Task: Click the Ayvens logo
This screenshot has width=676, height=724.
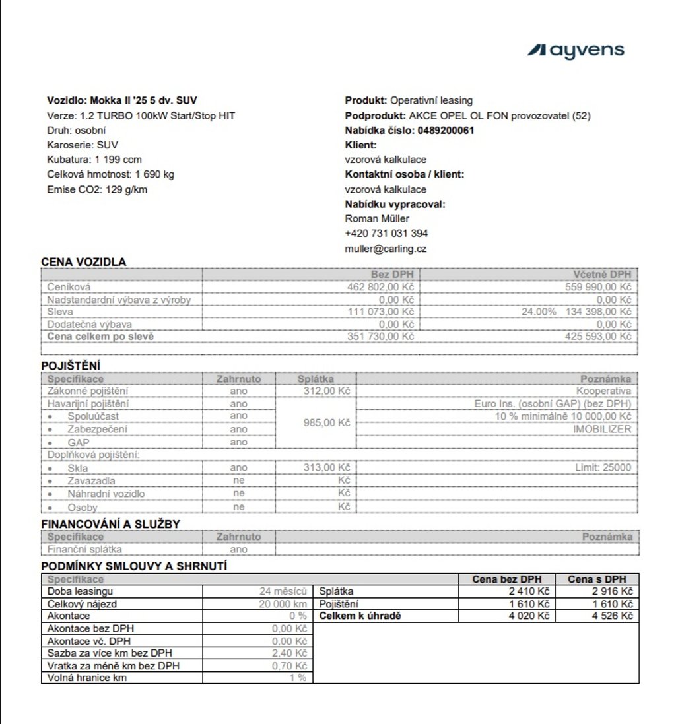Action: tap(575, 50)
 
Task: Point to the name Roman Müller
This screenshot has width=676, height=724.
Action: tap(377, 218)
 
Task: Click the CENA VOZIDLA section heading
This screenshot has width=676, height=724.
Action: tap(84, 262)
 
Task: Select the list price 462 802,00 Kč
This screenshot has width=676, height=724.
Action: tap(380, 287)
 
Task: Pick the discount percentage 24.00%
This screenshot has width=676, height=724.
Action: tap(538, 312)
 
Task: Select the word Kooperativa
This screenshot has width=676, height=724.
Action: tap(603, 391)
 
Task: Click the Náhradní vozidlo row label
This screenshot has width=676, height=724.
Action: tap(106, 494)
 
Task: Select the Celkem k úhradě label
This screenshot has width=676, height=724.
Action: tap(360, 616)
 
